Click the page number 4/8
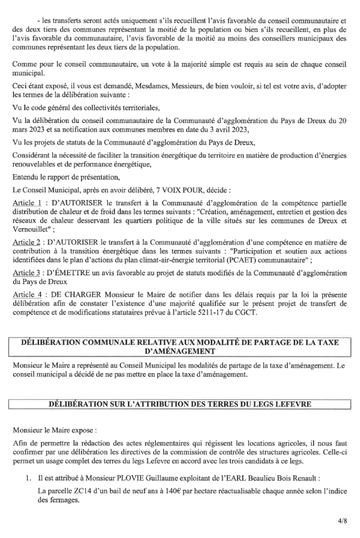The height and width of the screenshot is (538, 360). click(343, 521)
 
